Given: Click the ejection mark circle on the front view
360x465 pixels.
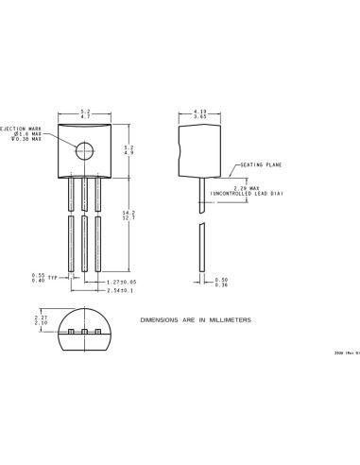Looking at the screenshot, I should [x=85, y=149].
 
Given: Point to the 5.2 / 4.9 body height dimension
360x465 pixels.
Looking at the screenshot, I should [x=129, y=149].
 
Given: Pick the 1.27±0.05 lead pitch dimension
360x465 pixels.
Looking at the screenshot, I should [x=123, y=281].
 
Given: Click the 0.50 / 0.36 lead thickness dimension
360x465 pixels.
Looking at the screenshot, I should [x=221, y=281].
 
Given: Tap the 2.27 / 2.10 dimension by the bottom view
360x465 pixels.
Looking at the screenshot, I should [x=40, y=319].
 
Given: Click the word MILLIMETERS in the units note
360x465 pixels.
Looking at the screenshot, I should [x=230, y=320].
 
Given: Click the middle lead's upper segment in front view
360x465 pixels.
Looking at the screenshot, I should [x=84, y=194].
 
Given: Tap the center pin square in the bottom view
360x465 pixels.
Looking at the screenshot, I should [x=84, y=333].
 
